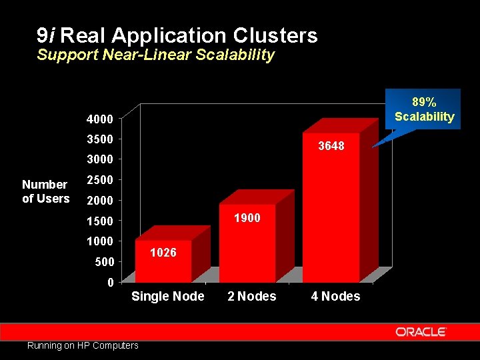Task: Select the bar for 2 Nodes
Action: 247,243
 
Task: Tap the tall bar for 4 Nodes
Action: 331,213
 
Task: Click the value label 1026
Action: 163,252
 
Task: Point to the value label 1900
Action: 247,218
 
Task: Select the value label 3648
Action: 331,145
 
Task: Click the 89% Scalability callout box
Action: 424,109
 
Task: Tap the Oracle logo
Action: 420,331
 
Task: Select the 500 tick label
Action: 105,262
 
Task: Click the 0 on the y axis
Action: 109,283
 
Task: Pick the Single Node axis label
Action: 168,296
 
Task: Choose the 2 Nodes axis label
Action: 252,296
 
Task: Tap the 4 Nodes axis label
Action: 335,296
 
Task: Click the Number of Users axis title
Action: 45,191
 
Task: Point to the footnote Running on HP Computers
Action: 83,345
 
